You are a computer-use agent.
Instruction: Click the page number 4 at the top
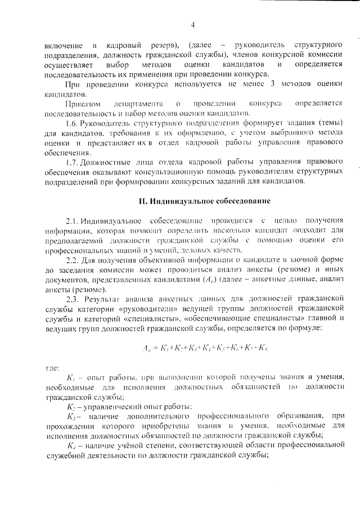(x=192, y=24)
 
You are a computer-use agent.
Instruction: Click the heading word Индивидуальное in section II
(x=178, y=201)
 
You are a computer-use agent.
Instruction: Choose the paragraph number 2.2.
(x=73, y=260)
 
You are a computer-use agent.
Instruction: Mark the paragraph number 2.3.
(x=73, y=299)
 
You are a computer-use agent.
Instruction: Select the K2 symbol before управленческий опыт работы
(x=71, y=407)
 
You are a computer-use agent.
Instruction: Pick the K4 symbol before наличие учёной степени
(x=71, y=446)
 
